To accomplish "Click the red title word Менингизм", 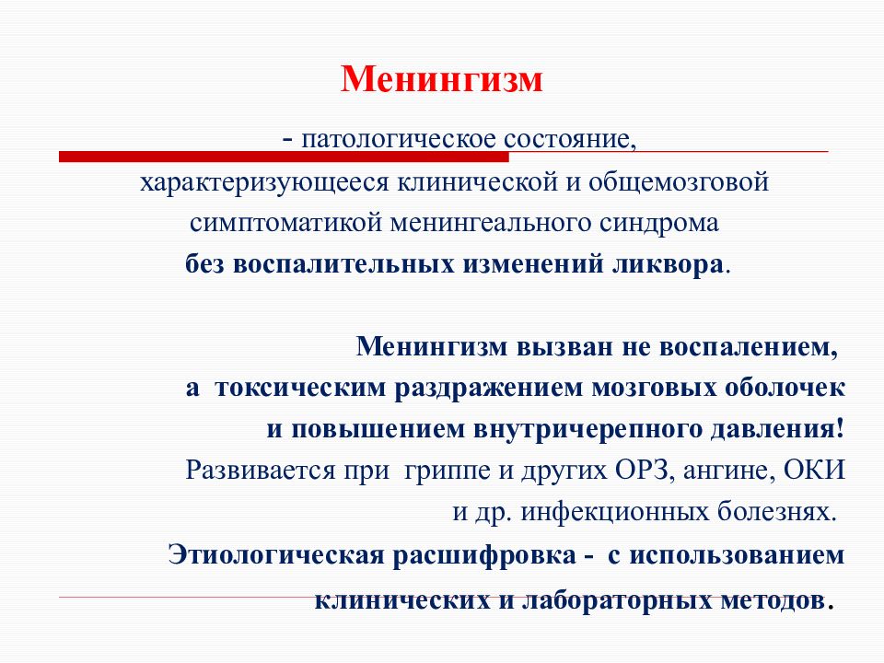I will pos(442,80).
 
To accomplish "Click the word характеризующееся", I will pos(263,182).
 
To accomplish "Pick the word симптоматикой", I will pos(288,224).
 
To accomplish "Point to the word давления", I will pos(780,429).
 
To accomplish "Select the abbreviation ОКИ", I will pos(813,470).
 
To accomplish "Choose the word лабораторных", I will pos(613,600).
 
